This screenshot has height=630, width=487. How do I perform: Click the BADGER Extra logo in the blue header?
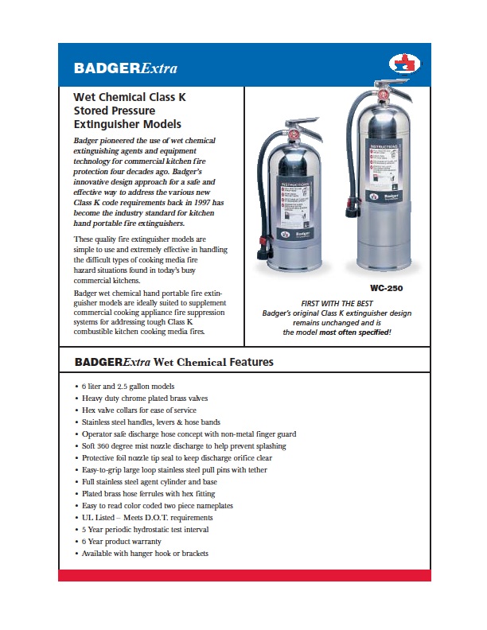click(125, 68)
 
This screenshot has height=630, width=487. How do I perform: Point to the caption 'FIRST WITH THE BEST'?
click(337, 303)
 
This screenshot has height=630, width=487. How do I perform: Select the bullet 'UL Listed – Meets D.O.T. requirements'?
click(147, 517)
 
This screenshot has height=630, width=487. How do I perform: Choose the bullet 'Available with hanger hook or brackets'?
click(145, 553)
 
